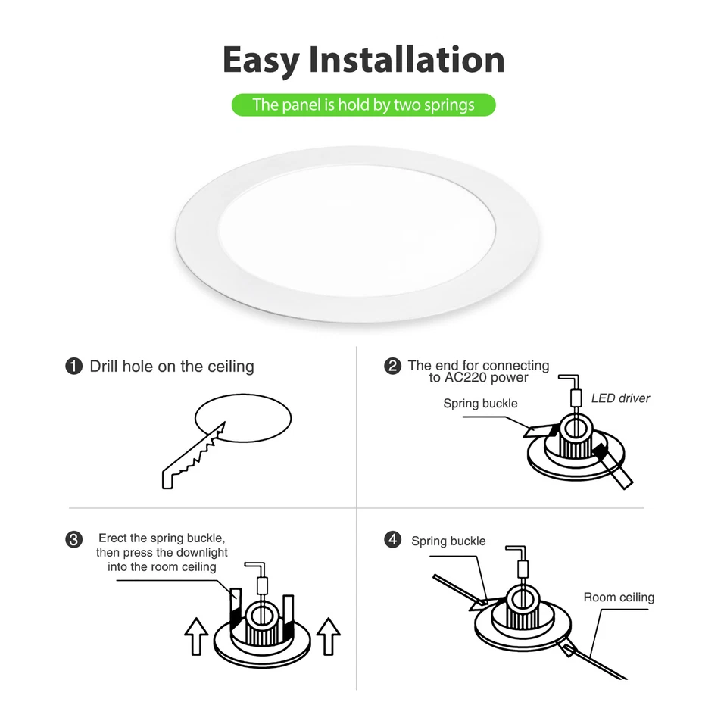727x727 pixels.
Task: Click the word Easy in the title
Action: (x=261, y=60)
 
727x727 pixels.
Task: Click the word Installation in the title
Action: (x=407, y=60)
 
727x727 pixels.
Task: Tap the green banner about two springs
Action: (x=363, y=105)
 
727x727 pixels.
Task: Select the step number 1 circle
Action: (x=74, y=367)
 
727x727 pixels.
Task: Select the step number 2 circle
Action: (x=392, y=367)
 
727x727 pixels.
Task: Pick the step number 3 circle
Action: (x=74, y=539)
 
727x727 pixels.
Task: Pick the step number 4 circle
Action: (x=392, y=540)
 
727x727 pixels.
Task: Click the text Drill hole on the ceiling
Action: (x=172, y=367)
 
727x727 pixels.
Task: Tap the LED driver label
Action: (x=620, y=398)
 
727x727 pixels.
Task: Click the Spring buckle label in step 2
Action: (x=480, y=404)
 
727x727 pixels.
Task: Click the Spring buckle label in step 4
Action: (x=448, y=541)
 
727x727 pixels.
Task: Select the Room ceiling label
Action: (x=619, y=598)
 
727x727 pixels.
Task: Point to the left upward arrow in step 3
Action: (x=197, y=636)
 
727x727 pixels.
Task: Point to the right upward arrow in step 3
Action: (x=328, y=636)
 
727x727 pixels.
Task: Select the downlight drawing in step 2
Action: (x=576, y=447)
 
